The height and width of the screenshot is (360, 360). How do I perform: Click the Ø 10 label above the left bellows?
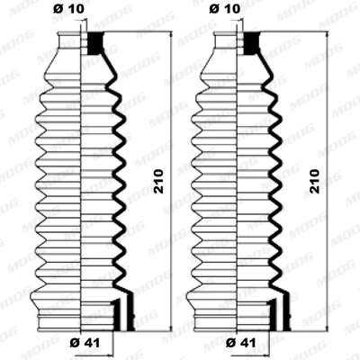tap(74, 10)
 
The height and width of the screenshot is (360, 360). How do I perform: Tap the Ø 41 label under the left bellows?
tap(85, 341)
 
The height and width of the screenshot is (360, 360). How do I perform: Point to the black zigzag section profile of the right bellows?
tap(270, 180)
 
